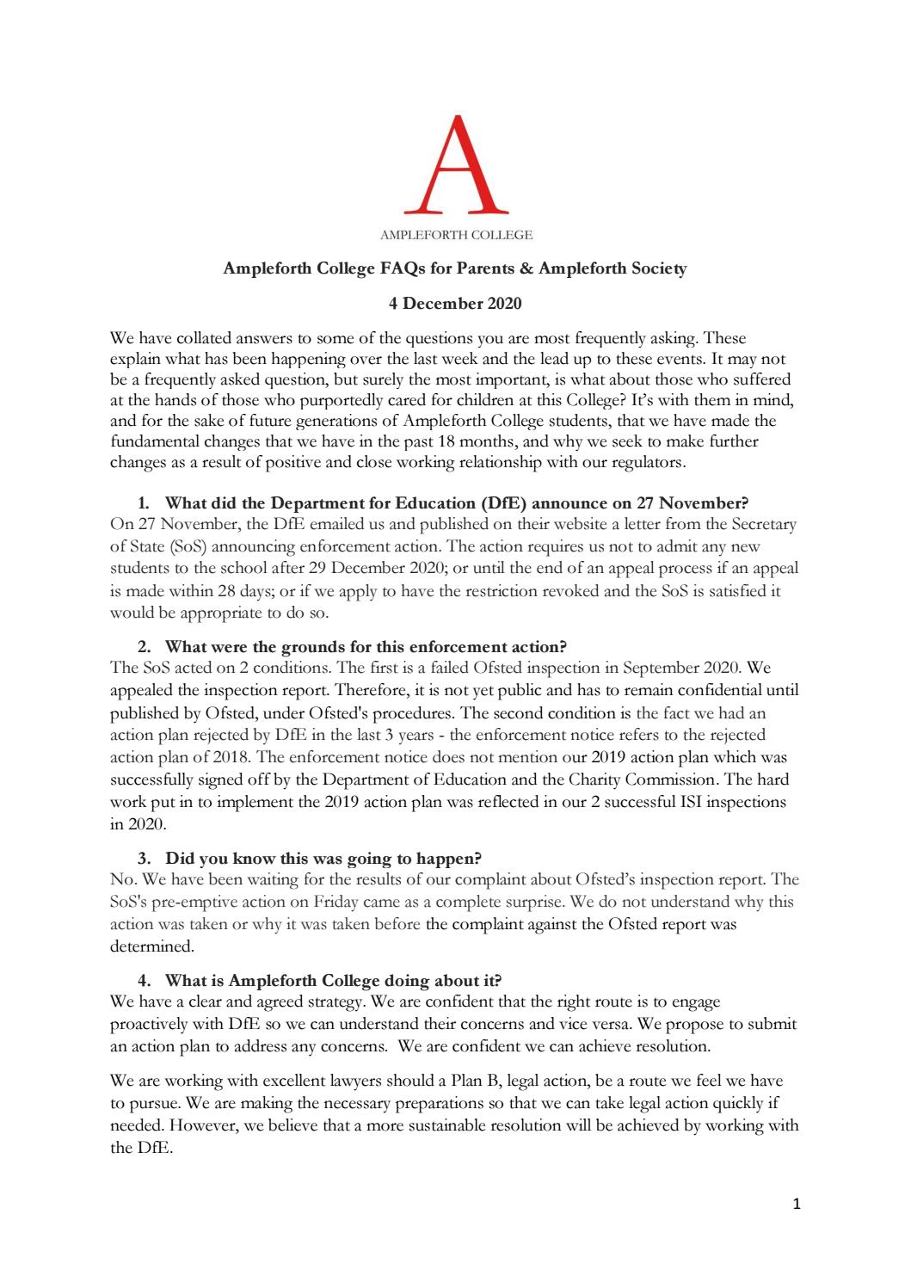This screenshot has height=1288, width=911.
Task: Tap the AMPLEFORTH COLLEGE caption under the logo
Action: click(456, 235)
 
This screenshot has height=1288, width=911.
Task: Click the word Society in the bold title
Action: click(658, 268)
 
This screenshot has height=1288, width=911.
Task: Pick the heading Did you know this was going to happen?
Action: click(323, 858)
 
